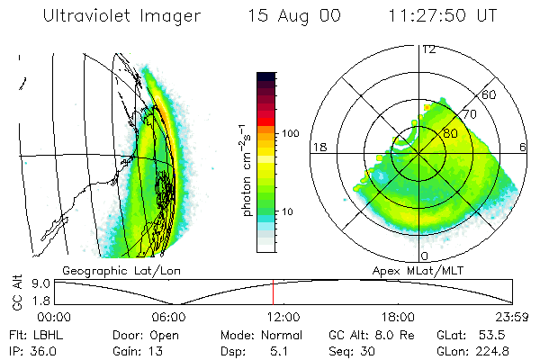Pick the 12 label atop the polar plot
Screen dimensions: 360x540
point(429,49)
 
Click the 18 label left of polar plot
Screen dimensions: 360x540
point(318,147)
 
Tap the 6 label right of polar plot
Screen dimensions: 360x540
point(523,147)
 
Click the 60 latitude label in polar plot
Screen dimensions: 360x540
point(490,94)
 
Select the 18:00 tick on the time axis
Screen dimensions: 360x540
point(398,317)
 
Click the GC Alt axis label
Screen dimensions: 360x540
point(15,292)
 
